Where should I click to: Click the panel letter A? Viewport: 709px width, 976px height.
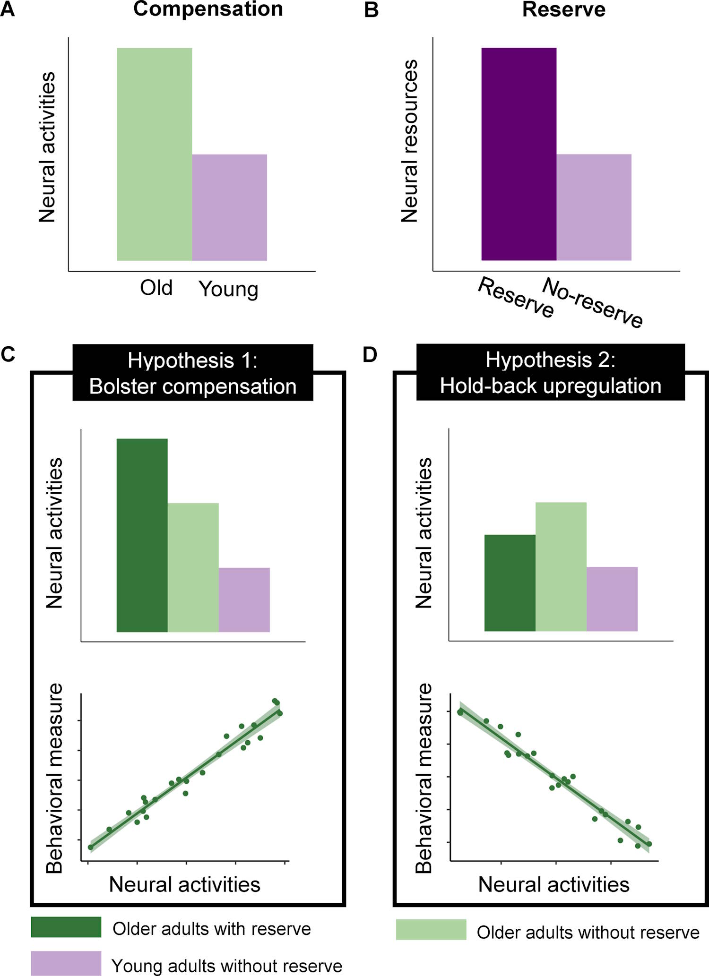(x=8, y=9)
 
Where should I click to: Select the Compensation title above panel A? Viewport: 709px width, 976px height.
(x=208, y=9)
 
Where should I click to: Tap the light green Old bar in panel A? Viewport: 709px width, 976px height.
(x=155, y=154)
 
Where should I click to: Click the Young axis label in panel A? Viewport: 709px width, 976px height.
(x=228, y=289)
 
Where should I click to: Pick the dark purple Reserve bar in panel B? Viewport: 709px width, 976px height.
(x=519, y=154)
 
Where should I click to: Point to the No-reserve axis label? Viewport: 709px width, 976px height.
(x=592, y=302)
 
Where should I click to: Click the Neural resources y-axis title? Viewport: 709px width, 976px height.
(x=410, y=141)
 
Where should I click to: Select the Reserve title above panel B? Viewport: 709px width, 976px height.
(x=563, y=10)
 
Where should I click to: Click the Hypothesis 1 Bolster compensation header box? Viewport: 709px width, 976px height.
(x=193, y=373)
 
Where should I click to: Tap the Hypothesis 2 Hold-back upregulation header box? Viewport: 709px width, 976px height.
(x=550, y=373)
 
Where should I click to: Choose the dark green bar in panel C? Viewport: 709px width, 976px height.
(x=142, y=535)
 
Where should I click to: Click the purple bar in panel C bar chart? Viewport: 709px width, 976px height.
(x=244, y=599)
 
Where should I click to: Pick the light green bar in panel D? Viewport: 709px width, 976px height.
(x=561, y=566)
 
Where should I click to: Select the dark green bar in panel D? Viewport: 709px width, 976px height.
(x=510, y=582)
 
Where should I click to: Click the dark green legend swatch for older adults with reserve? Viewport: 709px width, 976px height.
(x=66, y=927)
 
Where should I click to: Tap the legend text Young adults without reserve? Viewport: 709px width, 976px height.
(x=227, y=966)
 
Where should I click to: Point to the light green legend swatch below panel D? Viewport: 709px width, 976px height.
(x=431, y=929)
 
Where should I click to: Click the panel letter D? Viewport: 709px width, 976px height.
(x=370, y=354)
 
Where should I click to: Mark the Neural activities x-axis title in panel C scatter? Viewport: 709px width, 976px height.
(x=184, y=884)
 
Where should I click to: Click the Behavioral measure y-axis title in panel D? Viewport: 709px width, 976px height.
(x=424, y=778)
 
